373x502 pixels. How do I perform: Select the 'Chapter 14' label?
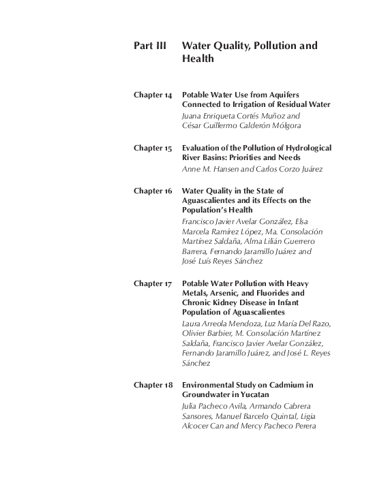point(153,95)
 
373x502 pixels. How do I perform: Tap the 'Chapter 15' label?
point(153,148)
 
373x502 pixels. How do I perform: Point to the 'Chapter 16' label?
point(153,191)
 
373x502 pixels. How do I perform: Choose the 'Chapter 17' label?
point(153,283)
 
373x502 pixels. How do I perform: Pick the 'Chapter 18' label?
point(153,385)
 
